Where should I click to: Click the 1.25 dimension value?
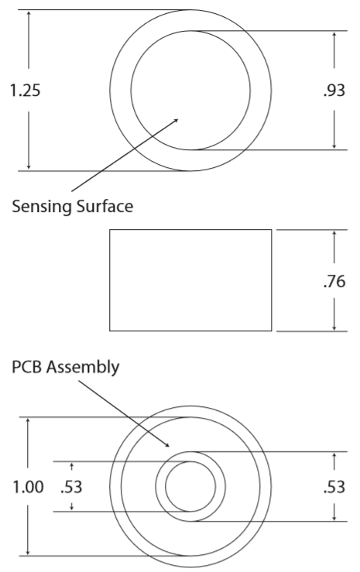pos(25,90)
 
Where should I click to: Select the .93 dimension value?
pos(334,91)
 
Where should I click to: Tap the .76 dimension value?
pos(334,281)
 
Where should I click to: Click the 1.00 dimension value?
pos(28,487)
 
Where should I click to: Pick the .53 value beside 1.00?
pos(71,487)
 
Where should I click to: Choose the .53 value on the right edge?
pos(334,487)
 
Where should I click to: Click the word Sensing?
pos(42,207)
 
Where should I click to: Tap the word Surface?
pos(105,206)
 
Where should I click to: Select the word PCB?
pos(27,367)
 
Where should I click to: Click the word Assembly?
pos(83,368)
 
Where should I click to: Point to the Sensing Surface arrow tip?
pos(178,119)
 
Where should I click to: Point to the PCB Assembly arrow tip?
pos(170,447)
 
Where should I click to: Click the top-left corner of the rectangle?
pos(110,229)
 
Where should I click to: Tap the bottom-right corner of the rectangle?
pos(272,331)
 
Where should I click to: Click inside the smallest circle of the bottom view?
pos(190,486)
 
